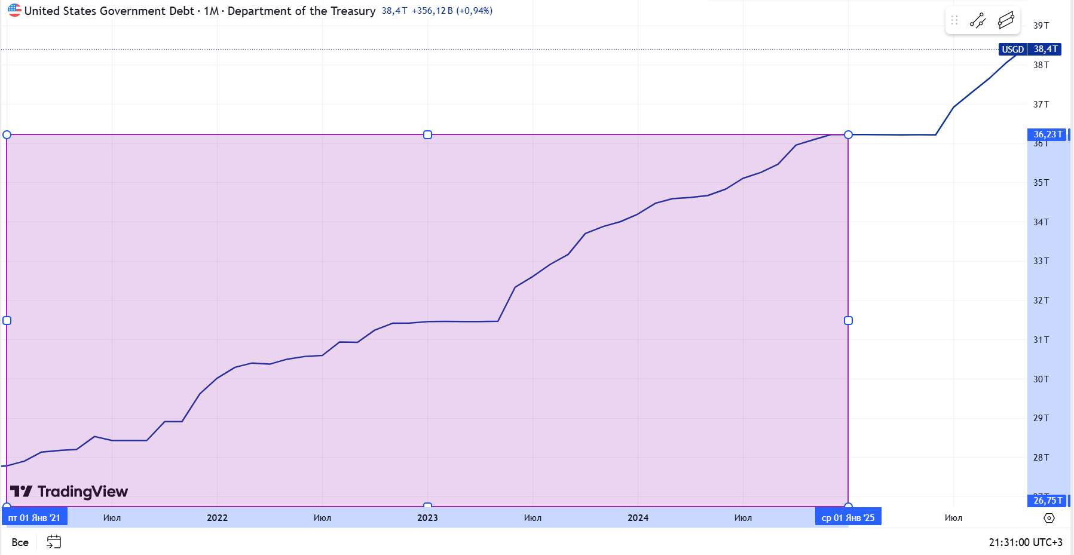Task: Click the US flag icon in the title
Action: tap(14, 10)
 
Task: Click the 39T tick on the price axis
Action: tap(1041, 26)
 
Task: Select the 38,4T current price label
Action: tap(1045, 50)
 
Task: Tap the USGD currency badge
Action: tap(1012, 50)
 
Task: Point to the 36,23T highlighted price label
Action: tap(1048, 134)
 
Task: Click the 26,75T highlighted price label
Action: tap(1048, 501)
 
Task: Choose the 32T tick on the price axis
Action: tap(1041, 301)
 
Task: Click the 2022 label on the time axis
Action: tap(217, 518)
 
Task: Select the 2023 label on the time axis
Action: tap(427, 518)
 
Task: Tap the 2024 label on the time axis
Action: tap(638, 518)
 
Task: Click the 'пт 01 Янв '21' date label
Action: tap(34, 518)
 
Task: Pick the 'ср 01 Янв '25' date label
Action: tap(847, 518)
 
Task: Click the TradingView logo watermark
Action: tap(69, 492)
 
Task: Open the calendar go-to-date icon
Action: tap(54, 542)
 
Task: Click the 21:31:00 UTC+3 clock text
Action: tap(1025, 542)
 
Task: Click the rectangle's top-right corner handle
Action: tap(848, 135)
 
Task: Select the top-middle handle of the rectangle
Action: tap(427, 135)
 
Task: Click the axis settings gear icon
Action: tap(1049, 518)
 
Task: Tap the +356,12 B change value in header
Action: tap(432, 11)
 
